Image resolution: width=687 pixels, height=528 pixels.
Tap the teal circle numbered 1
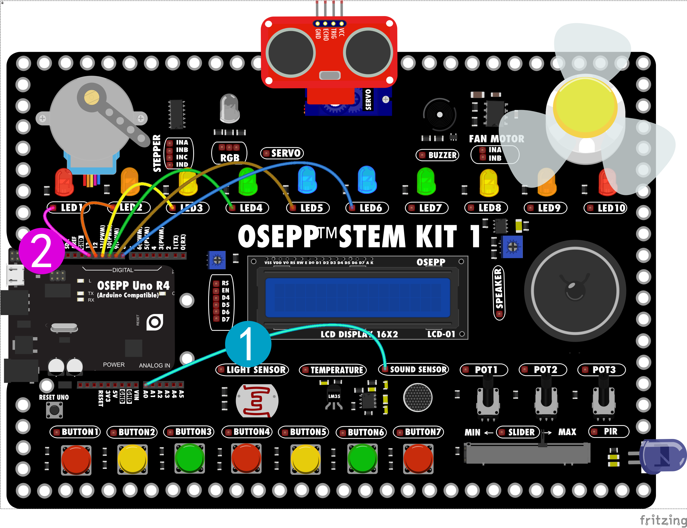pos(248,344)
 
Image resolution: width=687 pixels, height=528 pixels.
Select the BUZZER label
pos(438,155)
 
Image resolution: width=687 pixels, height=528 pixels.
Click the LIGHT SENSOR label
pos(252,370)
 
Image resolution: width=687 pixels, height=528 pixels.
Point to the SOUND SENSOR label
pos(414,369)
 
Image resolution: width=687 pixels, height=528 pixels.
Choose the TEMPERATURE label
pos(333,370)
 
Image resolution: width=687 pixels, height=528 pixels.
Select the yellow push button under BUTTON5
pos(305,459)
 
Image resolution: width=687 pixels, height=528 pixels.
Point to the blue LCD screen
pos(358,297)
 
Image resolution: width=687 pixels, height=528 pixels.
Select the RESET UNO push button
pos(55,410)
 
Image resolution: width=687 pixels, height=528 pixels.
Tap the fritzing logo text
pos(663,520)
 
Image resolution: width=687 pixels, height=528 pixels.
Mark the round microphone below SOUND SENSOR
pos(418,398)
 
